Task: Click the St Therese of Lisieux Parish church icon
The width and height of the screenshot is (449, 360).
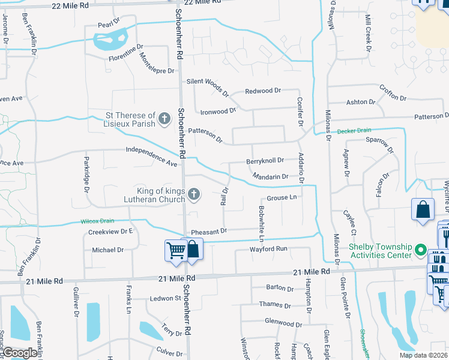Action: [x=165, y=119]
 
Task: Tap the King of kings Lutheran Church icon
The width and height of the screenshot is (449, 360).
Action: [x=193, y=194]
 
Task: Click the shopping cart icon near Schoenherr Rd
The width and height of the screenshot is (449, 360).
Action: [x=175, y=250]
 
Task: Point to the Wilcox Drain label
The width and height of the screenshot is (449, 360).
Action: [x=97, y=221]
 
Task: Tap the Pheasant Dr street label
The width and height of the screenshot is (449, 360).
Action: [x=209, y=231]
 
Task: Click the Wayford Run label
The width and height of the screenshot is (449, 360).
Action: [x=269, y=248]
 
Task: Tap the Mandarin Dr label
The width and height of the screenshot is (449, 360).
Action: [x=271, y=176]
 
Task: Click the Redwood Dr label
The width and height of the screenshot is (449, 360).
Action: [x=263, y=91]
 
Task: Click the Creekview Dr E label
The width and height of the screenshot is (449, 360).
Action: [x=110, y=231]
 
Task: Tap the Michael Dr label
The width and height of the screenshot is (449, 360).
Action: [x=107, y=250]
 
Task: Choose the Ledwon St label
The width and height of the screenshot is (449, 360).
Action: [x=166, y=298]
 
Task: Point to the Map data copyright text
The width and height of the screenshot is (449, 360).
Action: [x=423, y=355]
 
